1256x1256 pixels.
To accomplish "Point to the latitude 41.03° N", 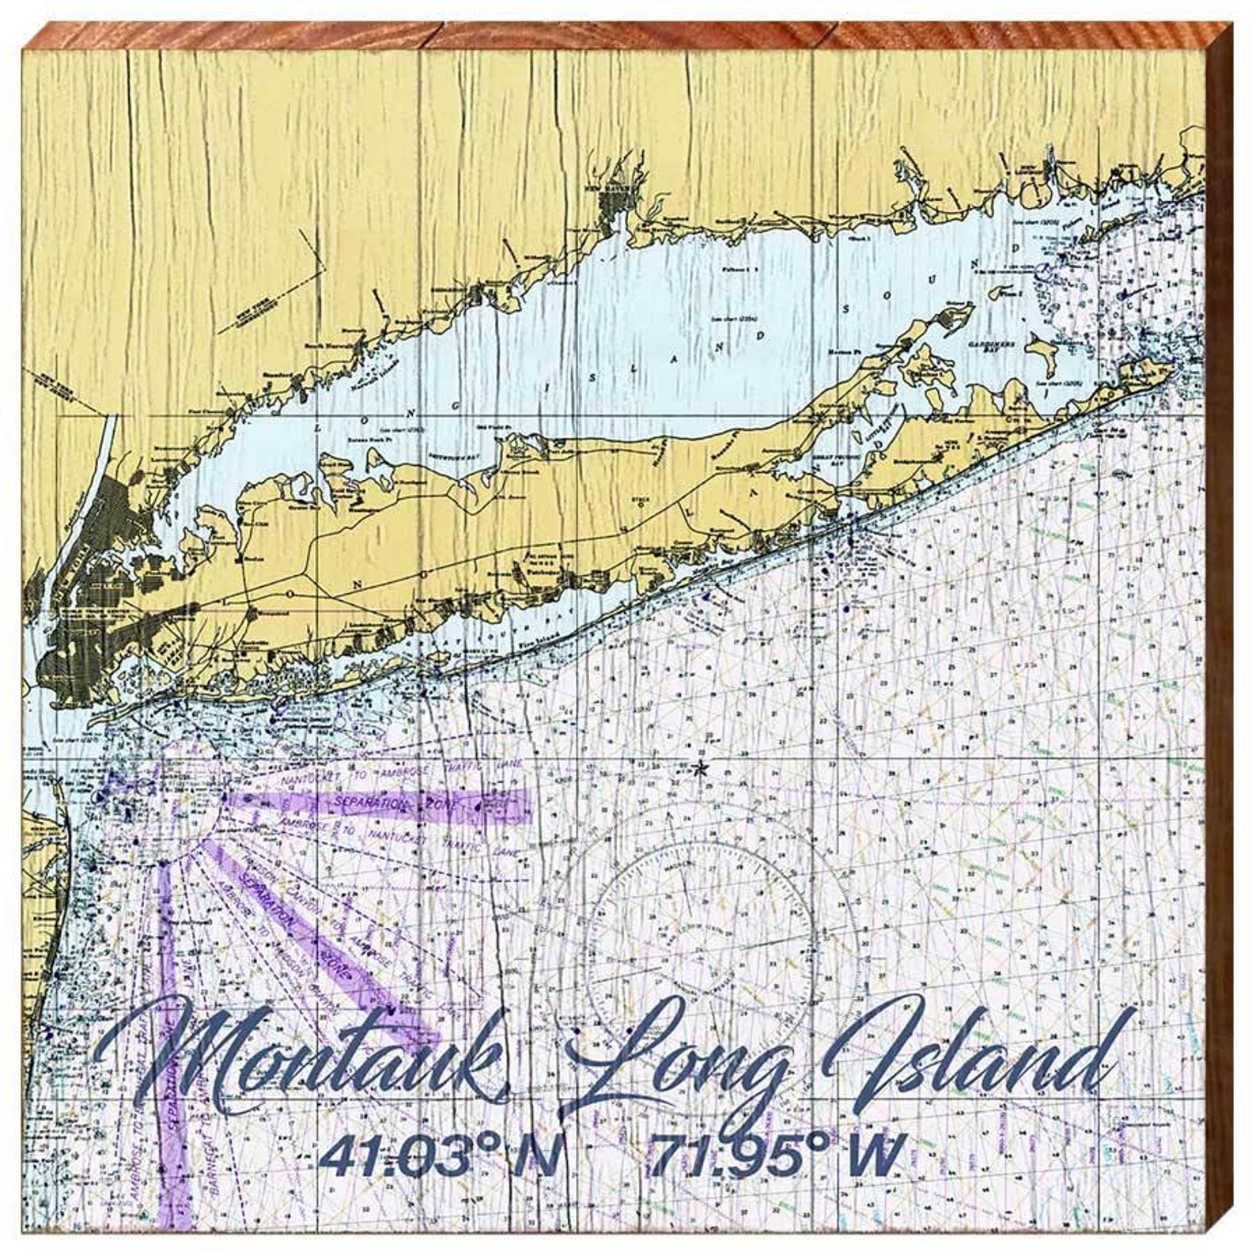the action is click(x=439, y=1156).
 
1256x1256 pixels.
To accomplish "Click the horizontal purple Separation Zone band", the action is click(x=388, y=805).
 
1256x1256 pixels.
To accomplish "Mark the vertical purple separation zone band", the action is click(x=169, y=1028).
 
